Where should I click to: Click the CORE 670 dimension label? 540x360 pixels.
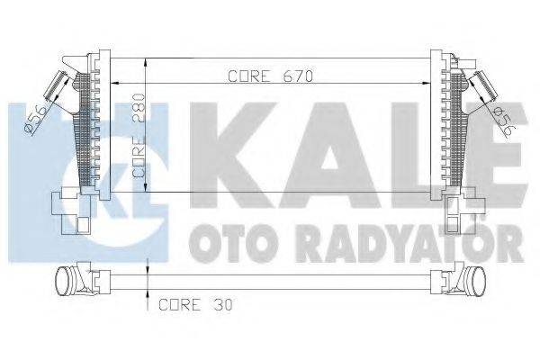tap(267, 76)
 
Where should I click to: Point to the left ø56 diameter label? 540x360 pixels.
tap(33, 119)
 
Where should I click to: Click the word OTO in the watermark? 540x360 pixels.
tap(221, 242)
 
